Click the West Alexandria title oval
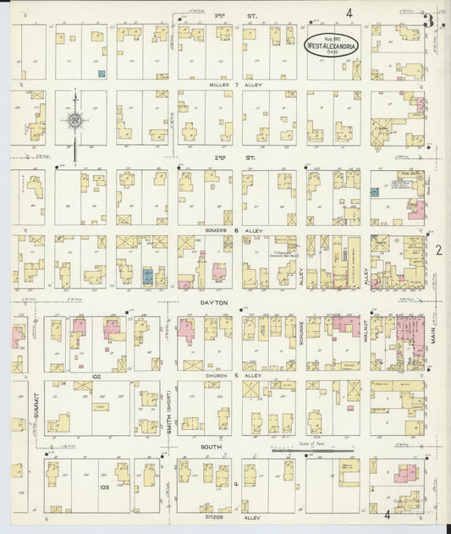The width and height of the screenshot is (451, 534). click(x=332, y=43)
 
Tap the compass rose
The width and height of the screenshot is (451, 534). click(x=75, y=122)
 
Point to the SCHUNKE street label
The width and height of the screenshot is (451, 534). click(x=300, y=334)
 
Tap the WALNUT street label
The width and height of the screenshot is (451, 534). click(x=364, y=333)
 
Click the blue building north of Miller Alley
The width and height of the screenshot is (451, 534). click(x=101, y=74)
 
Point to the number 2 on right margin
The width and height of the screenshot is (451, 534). click(x=439, y=250)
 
